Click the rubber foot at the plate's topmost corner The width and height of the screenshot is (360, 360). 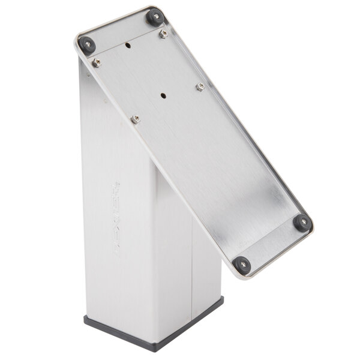[155, 16]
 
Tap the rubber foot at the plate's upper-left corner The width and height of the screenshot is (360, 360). [87, 44]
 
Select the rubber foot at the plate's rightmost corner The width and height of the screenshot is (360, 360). [302, 222]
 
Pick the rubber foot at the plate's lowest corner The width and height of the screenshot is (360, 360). [242, 265]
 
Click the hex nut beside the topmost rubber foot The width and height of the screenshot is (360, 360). [163, 34]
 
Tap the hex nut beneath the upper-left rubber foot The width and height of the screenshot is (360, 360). [96, 62]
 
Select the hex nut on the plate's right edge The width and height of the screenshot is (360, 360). [200, 86]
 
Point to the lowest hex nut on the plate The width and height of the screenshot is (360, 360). [136, 119]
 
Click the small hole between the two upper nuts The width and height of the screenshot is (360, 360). [128, 44]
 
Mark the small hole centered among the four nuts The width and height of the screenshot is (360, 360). [163, 95]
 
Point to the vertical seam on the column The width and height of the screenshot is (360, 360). [192, 264]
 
